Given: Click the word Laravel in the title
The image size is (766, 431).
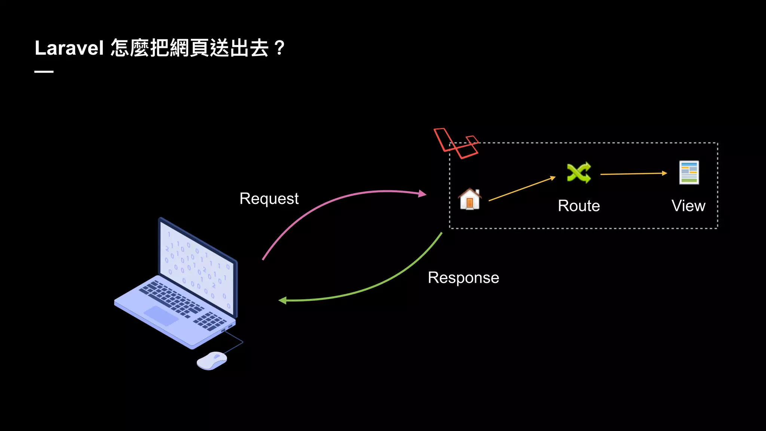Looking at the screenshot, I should point(69,48).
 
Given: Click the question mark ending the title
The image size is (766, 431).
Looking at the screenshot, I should point(279,48).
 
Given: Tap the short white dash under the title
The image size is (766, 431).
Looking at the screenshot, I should point(44,71).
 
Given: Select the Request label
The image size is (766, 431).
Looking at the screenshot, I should point(269,199).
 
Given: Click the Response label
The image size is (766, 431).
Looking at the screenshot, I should point(463,278).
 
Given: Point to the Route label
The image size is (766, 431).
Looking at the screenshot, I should point(579,206).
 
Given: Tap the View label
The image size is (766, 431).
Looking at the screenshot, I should point(688,206).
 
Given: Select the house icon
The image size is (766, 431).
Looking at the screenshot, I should point(470,199).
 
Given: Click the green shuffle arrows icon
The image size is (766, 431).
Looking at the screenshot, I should point(579,172).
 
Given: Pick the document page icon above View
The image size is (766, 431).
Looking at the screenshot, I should point(689,172).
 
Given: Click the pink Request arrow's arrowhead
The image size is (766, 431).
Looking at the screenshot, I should point(423,193).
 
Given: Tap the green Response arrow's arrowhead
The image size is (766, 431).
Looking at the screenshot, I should point(283,300).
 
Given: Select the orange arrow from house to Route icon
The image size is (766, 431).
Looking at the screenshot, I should point(522,189).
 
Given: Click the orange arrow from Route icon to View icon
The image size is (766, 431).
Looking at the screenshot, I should point(634,174).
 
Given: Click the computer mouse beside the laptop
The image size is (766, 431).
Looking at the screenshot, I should point(212,360).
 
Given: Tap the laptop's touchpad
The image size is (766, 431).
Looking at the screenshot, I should point(161,315).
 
